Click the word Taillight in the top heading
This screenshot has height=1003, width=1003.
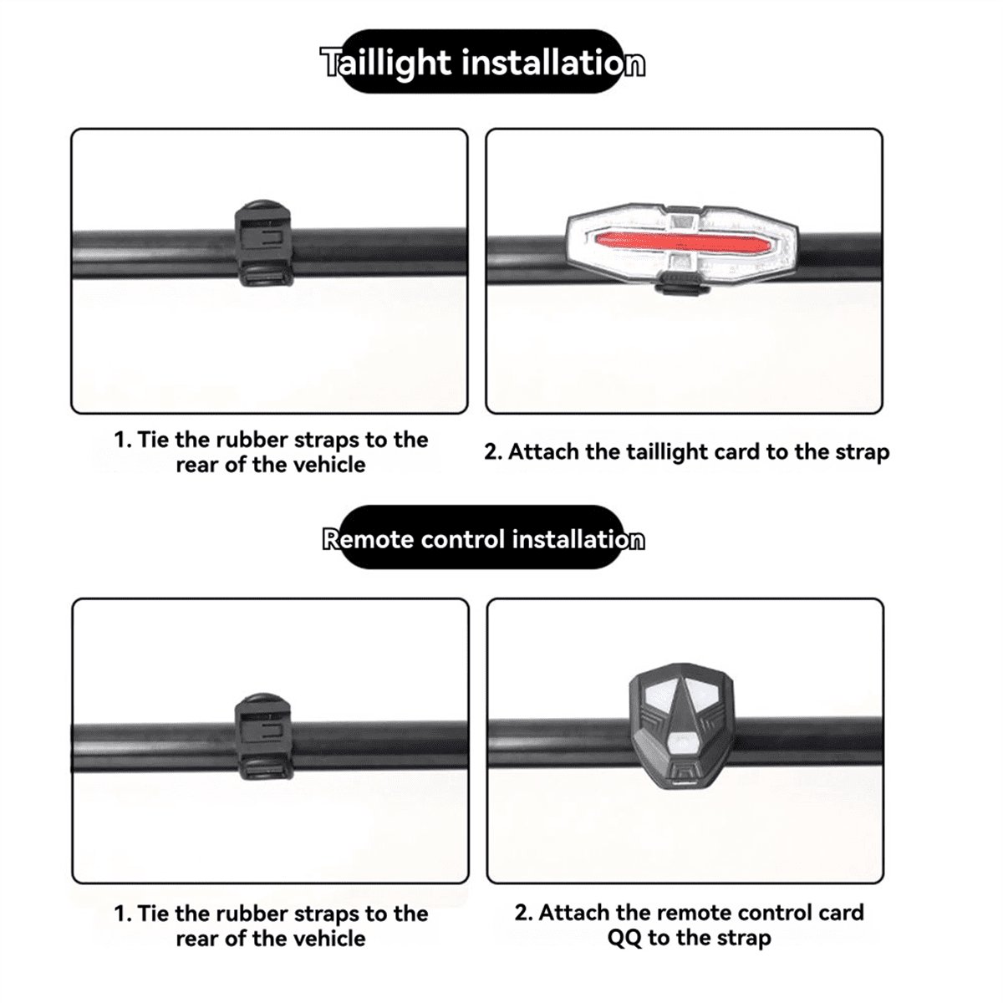coord(385,63)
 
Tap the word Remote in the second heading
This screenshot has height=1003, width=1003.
coord(368,539)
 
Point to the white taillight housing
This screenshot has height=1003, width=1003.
coord(682,243)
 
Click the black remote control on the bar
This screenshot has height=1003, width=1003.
coord(682,733)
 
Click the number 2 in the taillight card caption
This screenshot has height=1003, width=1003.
coord(490,452)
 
